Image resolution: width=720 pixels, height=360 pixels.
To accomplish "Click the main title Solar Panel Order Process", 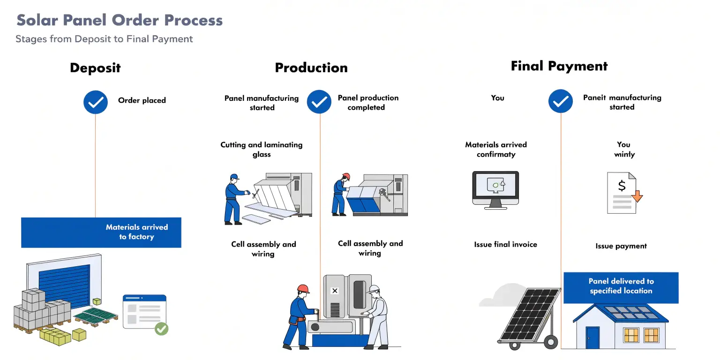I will [120, 20].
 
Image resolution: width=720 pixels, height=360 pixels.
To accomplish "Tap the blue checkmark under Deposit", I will [96, 102].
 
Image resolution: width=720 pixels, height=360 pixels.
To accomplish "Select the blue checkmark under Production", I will [319, 102].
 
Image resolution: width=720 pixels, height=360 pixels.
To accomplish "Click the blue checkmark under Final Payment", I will [561, 101].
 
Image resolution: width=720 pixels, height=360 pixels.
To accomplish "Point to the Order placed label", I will [142, 100].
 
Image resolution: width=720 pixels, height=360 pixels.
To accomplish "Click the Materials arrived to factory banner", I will [101, 232].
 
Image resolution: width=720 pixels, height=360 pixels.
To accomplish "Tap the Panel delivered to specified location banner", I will [621, 286].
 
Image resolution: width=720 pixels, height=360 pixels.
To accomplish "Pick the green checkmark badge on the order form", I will [161, 329].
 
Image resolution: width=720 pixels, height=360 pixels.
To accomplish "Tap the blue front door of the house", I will [592, 337].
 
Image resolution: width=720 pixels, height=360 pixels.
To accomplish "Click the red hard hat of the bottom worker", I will [303, 289].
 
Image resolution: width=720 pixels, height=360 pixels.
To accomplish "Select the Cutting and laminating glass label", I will [262, 150].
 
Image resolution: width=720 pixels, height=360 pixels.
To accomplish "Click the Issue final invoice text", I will [505, 244].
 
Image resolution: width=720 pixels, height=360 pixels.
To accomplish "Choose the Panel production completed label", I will [368, 103].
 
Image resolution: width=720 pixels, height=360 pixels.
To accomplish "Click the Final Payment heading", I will [559, 66].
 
